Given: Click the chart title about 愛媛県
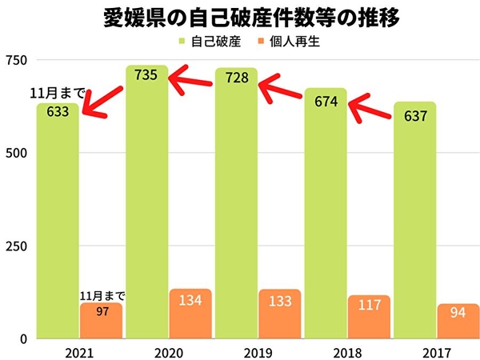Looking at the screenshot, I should click(240, 18).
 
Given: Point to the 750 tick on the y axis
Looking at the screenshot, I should click(16, 61).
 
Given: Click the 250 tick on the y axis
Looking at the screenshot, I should click(16, 246).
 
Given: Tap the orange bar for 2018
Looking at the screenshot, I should click(369, 317).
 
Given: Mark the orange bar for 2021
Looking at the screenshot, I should click(101, 320).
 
